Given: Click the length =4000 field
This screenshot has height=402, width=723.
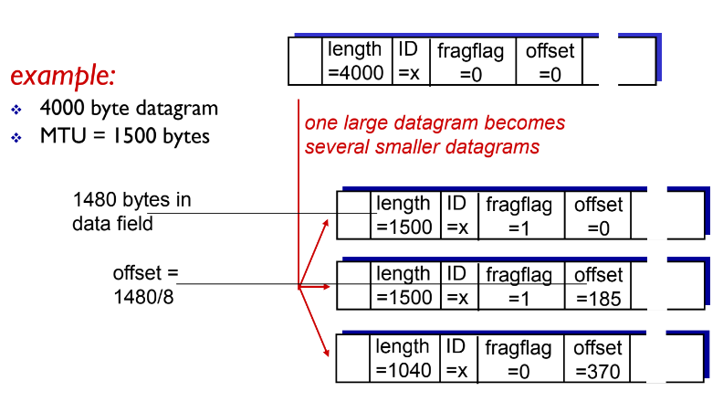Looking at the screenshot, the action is pos(357,61).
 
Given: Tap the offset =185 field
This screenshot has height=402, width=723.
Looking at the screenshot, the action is pos(598,286).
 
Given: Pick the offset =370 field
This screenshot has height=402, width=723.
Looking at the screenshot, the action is pos(598,358).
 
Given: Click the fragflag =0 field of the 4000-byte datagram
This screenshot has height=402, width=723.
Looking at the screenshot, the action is pos(471,61).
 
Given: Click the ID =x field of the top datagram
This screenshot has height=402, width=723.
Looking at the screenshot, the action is pos(408,61).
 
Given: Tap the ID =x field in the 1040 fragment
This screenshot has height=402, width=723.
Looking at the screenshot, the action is pos(456,358).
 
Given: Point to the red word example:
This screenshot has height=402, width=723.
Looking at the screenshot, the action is pos(62,74).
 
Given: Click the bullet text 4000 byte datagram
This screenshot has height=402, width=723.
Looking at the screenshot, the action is pos(129,109).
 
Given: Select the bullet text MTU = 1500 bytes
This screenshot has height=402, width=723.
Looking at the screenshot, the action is pos(124,137).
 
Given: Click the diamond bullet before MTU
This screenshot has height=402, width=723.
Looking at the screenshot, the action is pos(16,138).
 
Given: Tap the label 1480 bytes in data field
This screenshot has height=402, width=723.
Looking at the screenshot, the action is pos(132,211).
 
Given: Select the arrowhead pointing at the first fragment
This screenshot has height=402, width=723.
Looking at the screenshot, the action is pos(328,220).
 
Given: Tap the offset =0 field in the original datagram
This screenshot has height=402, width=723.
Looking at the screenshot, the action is pos(550,61).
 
